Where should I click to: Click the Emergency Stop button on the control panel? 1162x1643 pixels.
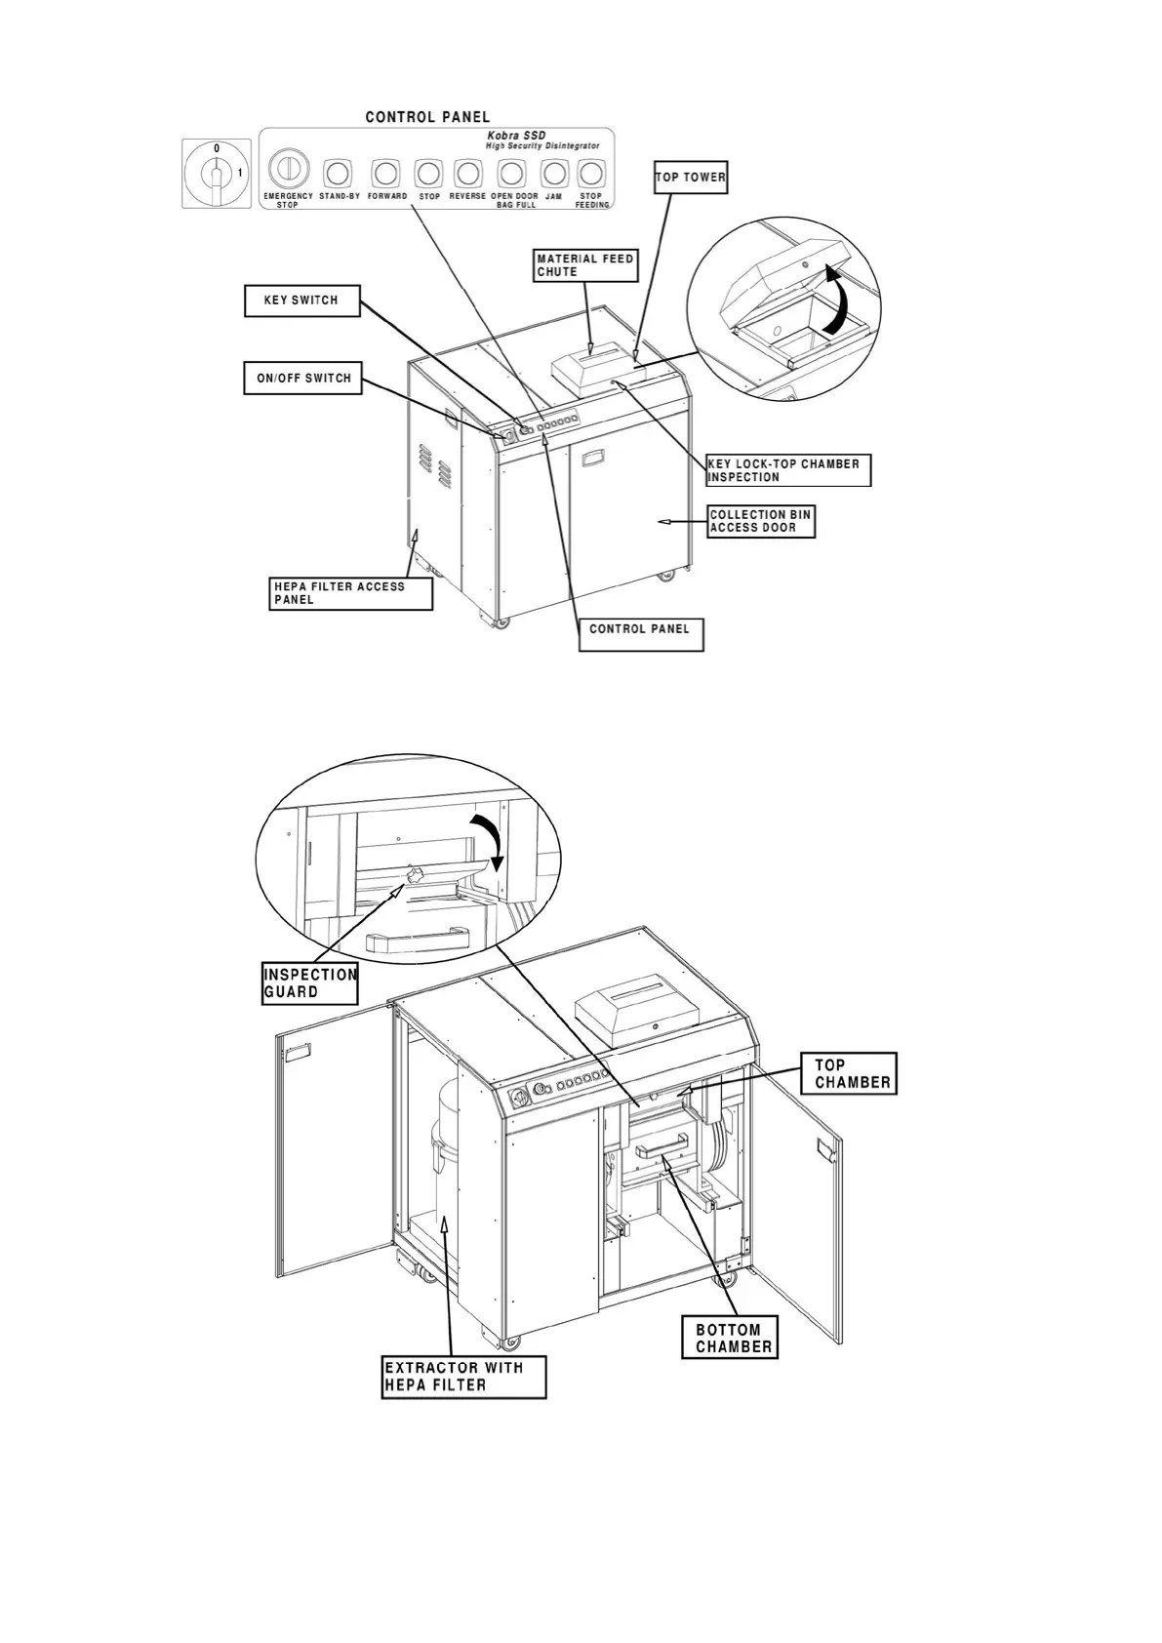coord(288,169)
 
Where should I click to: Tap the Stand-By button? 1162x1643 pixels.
coord(338,174)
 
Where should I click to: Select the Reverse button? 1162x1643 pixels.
coord(468,174)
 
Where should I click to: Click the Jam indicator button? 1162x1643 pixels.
coord(554,174)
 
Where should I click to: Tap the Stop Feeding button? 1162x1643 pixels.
coord(590,174)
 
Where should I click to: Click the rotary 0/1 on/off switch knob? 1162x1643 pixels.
coord(217,174)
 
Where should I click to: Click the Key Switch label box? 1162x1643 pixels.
coord(302,301)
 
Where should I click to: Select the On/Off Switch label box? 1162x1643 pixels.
coord(302,379)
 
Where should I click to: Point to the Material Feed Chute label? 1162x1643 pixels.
coord(585,265)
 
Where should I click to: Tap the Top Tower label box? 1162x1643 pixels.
coord(690,178)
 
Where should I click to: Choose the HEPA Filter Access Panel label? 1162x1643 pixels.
coord(351,593)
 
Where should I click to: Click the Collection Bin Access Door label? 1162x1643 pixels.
coord(761,521)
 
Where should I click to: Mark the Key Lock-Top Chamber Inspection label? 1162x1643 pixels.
coord(787,470)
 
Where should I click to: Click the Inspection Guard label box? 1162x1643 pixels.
coord(310,983)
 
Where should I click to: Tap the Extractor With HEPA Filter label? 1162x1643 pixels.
coord(463,1377)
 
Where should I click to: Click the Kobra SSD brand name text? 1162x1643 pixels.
coord(516,136)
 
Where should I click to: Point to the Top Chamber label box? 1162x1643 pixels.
coord(853,1073)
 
